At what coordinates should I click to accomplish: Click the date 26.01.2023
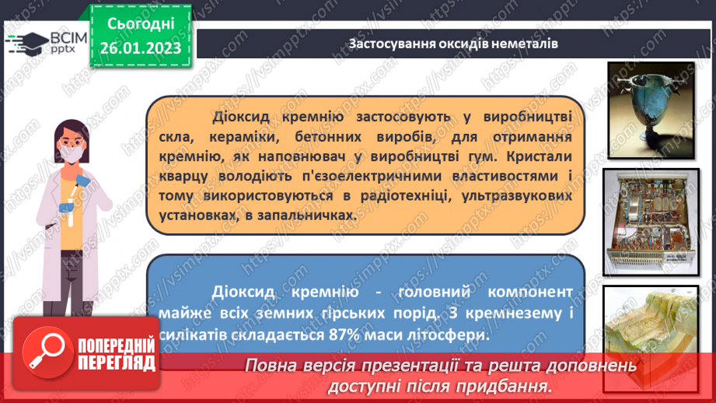[140, 48]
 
